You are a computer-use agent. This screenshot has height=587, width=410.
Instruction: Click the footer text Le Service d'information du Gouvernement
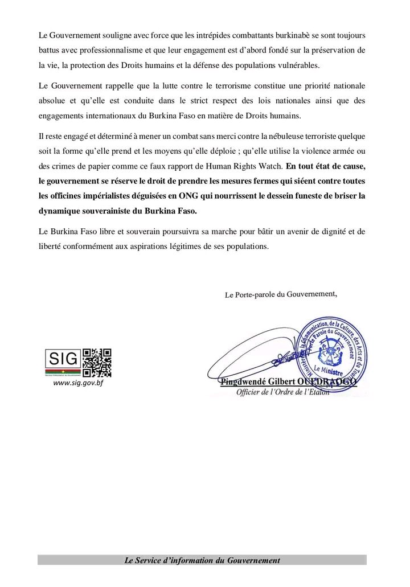pos(202,561)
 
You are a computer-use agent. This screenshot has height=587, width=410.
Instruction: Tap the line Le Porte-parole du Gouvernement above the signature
pos(281,294)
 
